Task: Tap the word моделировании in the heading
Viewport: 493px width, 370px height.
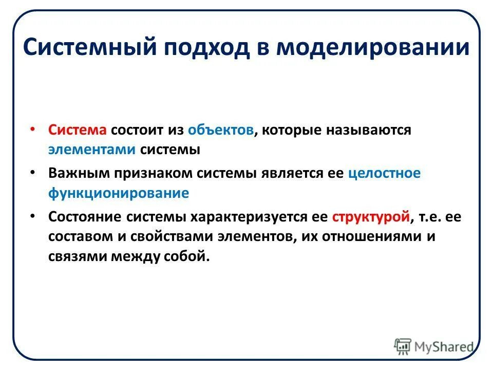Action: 373,48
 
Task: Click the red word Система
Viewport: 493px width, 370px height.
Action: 78,130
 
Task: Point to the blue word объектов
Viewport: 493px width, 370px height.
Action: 220,130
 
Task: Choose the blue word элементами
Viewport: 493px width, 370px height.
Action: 92,150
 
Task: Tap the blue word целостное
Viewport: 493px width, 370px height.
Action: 384,173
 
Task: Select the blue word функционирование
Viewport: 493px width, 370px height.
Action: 119,193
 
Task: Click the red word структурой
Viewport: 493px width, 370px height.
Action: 370,216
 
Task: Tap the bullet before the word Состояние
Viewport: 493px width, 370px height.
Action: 33,216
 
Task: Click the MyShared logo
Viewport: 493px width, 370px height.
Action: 433,345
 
